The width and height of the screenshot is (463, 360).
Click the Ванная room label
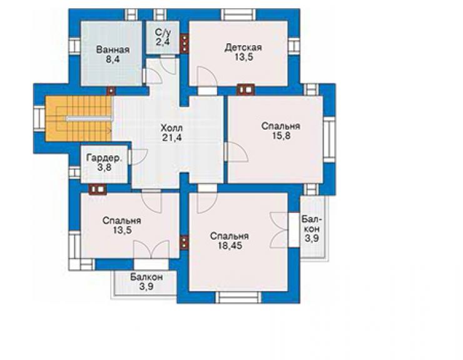tap(113, 49)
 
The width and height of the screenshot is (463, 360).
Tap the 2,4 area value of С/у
tap(163, 42)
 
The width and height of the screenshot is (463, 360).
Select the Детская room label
tap(243, 48)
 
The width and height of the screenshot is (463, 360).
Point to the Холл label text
tap(171, 128)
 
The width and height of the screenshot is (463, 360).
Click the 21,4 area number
tap(171, 138)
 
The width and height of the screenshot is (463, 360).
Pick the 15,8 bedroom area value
tap(280, 136)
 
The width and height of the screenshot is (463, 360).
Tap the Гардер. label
tap(104, 158)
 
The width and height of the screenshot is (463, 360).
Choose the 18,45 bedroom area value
tap(230, 245)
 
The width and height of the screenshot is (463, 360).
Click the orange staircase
tap(79, 119)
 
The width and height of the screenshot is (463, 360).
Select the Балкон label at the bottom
tap(146, 277)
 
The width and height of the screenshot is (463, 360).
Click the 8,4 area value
tap(113, 59)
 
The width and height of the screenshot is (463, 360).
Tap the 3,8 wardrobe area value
tap(104, 168)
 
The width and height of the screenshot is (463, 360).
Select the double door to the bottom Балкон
tap(151, 249)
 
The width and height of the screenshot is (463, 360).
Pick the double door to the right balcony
tap(278, 230)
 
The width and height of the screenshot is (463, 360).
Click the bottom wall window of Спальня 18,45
tap(238, 297)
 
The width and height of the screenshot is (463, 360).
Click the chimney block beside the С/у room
tap(185, 43)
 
